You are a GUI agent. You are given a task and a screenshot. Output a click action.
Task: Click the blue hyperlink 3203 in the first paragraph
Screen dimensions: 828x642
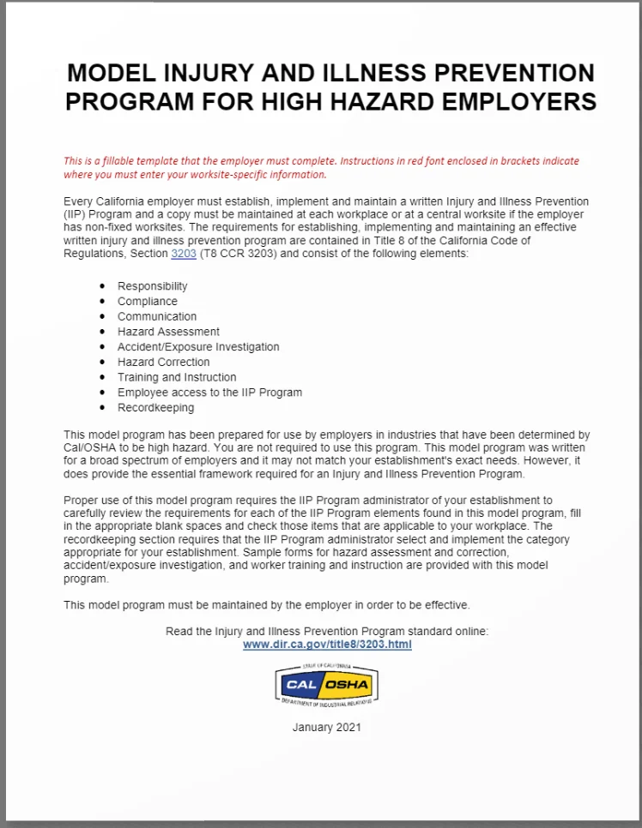[x=184, y=255]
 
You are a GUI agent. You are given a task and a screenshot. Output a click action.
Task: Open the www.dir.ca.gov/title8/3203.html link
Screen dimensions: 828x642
[x=327, y=645]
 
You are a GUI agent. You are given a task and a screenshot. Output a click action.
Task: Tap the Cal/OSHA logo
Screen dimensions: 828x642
[x=327, y=685]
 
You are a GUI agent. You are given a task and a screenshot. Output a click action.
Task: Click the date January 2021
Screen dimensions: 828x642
[x=327, y=727]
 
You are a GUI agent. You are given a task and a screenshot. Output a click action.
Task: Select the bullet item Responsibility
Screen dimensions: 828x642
[x=152, y=286]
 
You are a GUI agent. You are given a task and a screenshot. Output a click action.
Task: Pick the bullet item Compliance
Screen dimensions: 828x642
[x=148, y=302]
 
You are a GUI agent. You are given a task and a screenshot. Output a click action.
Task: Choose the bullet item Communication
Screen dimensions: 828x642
[x=157, y=316]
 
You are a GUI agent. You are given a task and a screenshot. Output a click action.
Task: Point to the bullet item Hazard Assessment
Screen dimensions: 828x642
[x=168, y=332]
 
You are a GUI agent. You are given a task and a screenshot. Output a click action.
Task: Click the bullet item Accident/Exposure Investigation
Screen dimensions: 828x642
[x=198, y=347]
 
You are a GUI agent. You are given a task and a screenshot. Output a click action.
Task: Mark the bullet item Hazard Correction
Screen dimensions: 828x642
[x=164, y=362]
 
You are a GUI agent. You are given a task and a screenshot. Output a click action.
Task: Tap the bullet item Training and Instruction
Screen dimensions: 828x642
[x=177, y=377]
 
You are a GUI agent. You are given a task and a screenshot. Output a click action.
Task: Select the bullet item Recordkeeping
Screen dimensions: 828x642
[x=155, y=408]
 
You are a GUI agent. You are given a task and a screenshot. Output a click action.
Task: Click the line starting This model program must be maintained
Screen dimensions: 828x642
[x=267, y=605]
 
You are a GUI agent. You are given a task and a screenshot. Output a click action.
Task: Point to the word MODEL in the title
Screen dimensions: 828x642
[x=112, y=73]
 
